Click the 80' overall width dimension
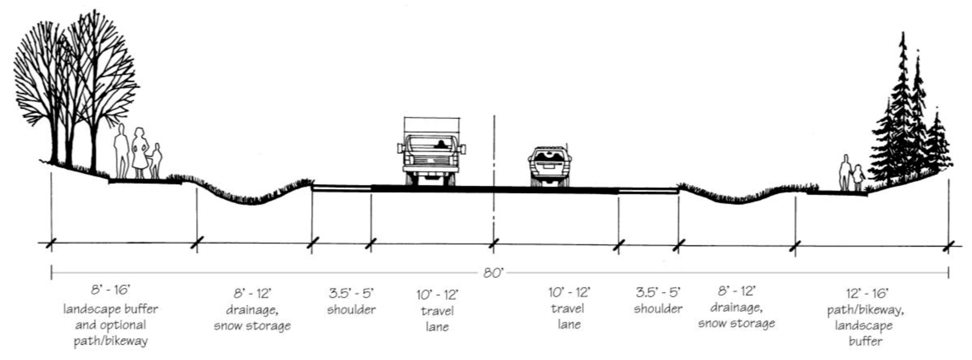tap(493, 273)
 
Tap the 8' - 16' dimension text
tap(110, 290)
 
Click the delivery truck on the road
tap(431, 152)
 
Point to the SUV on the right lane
tap(550, 166)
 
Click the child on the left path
tap(156, 160)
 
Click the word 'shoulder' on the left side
tap(351, 310)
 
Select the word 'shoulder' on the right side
tap(658, 309)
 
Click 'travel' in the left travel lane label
tap(437, 311)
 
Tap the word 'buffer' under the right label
tap(865, 342)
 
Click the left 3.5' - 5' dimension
tap(351, 294)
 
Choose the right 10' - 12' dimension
tap(569, 293)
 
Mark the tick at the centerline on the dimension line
tap(493, 244)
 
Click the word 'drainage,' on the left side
tap(252, 310)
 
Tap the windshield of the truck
tap(431, 144)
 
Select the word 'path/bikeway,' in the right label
tap(865, 310)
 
